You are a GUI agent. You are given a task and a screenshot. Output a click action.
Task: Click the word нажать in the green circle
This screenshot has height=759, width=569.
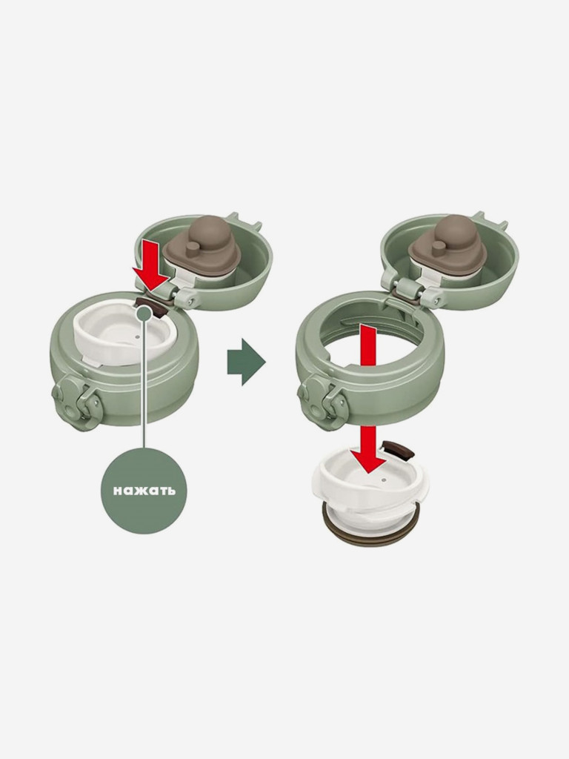(x=144, y=491)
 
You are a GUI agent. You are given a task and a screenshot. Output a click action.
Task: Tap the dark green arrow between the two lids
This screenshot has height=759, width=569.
(x=246, y=361)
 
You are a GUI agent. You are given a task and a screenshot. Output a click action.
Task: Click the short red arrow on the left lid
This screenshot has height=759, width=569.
(x=150, y=267)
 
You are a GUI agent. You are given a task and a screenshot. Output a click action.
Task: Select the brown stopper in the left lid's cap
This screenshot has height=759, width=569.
(x=202, y=248)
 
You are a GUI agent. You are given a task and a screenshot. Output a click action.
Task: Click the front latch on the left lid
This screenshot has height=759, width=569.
(x=76, y=400)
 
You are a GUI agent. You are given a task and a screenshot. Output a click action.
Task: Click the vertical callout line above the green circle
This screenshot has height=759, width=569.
(x=144, y=385)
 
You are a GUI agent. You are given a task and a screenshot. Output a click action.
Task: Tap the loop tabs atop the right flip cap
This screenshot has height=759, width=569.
(x=490, y=221)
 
